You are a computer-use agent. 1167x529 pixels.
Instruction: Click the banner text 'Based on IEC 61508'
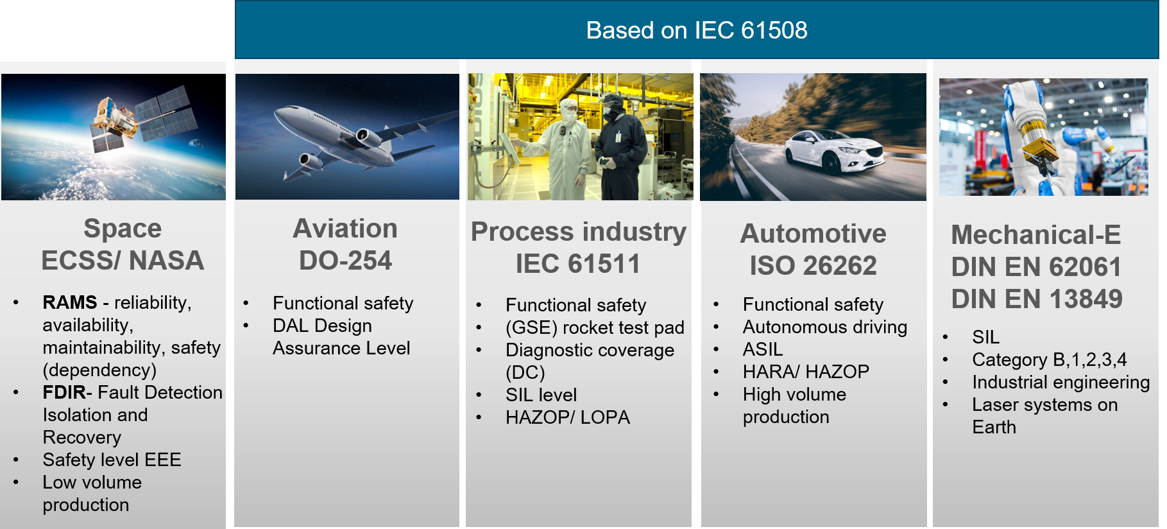[x=696, y=30]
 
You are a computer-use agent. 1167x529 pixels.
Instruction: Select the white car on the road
[x=834, y=152]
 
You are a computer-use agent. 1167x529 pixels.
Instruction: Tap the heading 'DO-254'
[x=345, y=261]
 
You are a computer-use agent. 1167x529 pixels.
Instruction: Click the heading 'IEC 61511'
[x=578, y=264]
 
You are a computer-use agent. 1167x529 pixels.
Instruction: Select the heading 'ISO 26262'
[x=813, y=266]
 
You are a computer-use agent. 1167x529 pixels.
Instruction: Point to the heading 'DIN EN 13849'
[x=1037, y=299]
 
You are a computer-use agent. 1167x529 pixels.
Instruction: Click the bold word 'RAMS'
[x=70, y=302]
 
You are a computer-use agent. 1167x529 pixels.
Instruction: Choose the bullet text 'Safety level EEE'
[x=112, y=460]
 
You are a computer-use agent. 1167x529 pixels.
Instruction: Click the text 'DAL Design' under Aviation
[x=322, y=325]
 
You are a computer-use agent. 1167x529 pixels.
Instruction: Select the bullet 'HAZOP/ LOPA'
[x=568, y=417]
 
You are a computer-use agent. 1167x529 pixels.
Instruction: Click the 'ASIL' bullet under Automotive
[x=763, y=349]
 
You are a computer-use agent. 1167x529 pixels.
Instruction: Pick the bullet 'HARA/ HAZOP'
[x=806, y=372]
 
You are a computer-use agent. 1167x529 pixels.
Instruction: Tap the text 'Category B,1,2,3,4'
[x=1049, y=360]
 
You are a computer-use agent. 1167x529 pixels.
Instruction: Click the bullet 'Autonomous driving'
[x=825, y=327]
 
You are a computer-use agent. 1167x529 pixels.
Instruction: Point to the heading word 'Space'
[x=123, y=229]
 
